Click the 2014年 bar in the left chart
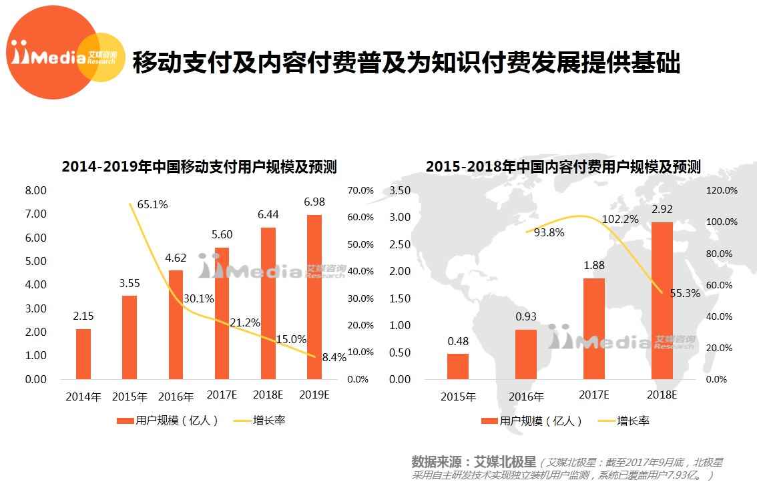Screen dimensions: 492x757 tap(83, 354)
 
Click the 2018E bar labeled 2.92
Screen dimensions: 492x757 tap(662, 300)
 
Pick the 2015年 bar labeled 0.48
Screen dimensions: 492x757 tap(458, 366)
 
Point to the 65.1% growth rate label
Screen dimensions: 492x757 tap(152, 204)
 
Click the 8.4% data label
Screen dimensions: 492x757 tap(334, 357)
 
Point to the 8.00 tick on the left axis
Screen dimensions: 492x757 tap(36, 190)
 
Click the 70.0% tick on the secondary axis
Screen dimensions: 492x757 tap(361, 190)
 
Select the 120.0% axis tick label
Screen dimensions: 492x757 tap(722, 190)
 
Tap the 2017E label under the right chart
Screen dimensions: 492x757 tap(594, 395)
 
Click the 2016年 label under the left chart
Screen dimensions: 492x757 tap(176, 397)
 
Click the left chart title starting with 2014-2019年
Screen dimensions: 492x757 tap(199, 166)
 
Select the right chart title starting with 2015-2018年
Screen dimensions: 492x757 tap(563, 166)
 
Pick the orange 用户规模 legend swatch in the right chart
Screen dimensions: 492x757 tap(489, 421)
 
